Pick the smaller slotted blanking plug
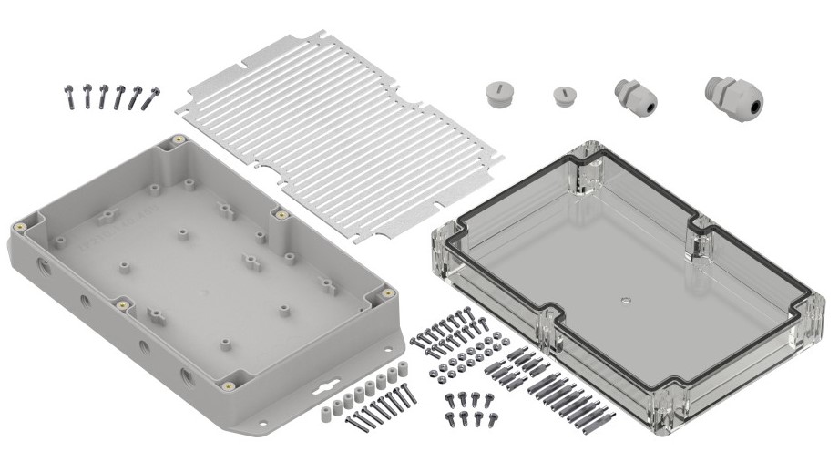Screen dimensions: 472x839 click(x=563, y=96)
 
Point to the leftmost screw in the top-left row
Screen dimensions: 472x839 click(x=69, y=95)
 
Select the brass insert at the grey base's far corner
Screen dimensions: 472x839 click(x=178, y=139)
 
